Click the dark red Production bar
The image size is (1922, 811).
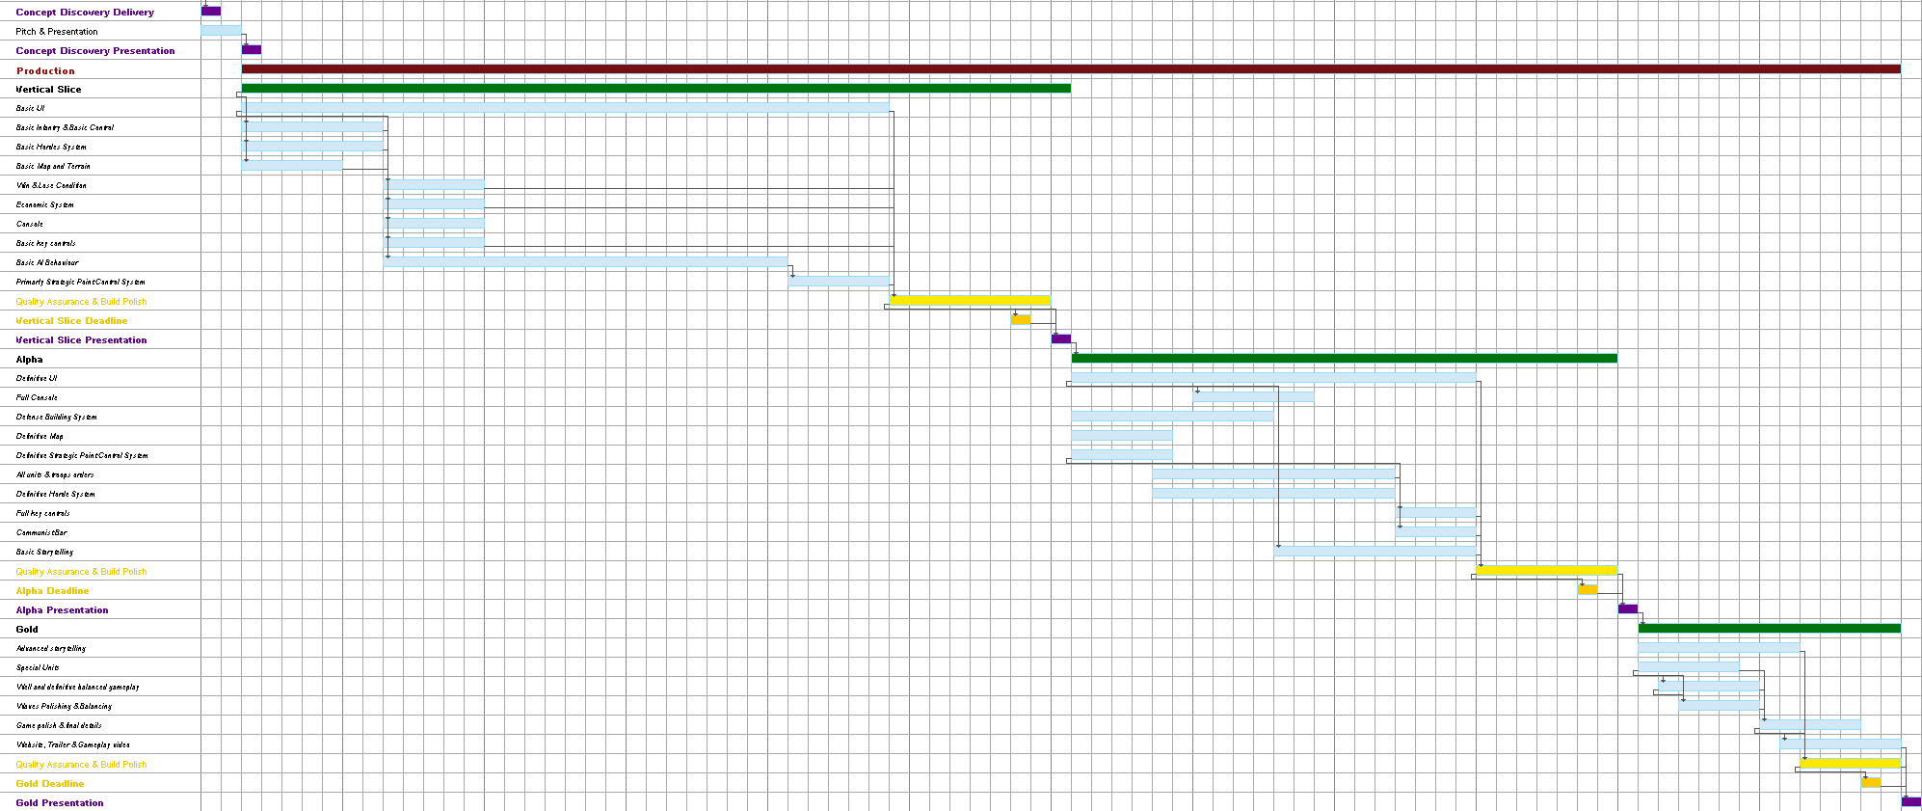1070,69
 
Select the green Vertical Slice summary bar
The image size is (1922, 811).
655,89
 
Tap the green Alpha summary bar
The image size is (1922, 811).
1344,359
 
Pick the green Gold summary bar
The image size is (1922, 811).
1769,629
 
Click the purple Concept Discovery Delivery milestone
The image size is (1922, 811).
211,12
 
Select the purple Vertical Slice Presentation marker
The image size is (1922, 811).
1061,339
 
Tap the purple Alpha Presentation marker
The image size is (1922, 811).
1628,609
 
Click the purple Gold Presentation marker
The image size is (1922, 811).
1911,802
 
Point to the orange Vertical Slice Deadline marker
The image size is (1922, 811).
1021,320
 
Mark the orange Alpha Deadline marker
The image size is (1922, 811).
1588,590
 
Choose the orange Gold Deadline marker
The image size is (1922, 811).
1871,783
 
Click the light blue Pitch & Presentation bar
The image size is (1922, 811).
221,31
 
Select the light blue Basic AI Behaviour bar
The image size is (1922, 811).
586,262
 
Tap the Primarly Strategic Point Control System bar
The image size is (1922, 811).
839,282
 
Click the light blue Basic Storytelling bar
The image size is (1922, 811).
1375,552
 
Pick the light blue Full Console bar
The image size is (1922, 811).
1253,397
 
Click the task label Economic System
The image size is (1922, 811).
44,204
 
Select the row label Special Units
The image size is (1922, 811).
38,667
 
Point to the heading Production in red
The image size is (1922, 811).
45,70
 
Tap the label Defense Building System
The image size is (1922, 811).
56,417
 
